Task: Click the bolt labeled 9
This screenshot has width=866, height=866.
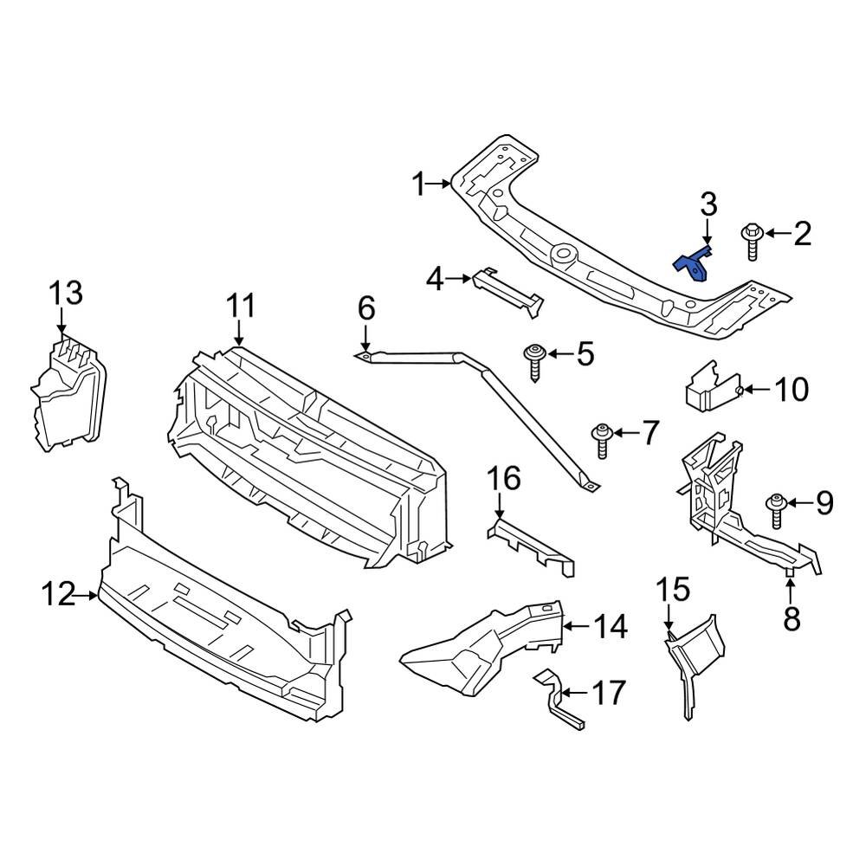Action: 777,510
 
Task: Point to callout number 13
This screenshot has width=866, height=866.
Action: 66,293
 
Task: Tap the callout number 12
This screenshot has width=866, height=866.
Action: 58,596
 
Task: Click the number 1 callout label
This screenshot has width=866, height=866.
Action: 420,184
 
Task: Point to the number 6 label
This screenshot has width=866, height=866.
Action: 366,307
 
